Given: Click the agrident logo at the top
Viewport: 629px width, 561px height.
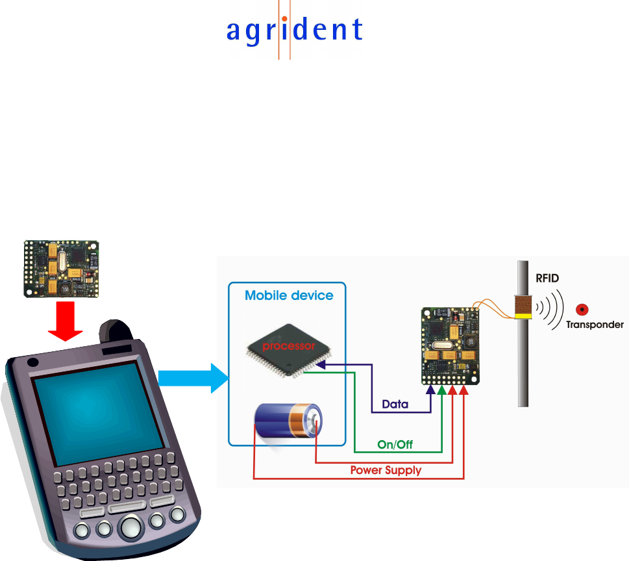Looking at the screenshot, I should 294,30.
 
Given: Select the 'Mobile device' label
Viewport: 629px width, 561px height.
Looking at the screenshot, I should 289,295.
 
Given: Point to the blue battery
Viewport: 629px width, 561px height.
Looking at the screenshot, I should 286,421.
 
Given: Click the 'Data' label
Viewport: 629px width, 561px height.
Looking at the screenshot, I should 395,404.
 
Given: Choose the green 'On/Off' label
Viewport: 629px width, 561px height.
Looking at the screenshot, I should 395,445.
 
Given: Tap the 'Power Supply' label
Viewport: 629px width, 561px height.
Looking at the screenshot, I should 386,469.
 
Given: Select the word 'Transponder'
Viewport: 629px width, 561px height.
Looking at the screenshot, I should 595,324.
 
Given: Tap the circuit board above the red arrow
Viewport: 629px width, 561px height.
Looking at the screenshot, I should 62,269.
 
